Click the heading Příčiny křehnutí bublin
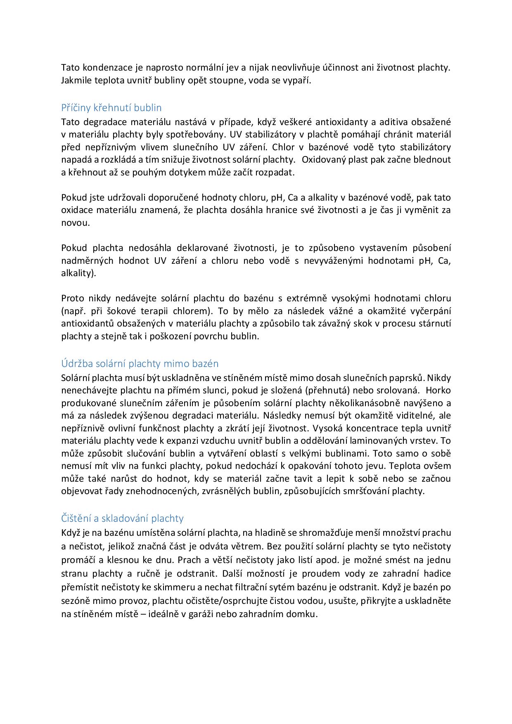(111, 108)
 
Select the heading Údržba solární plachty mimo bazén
(140, 364)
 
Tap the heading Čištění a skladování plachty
(122, 518)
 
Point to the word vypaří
(299, 80)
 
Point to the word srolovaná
(399, 390)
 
